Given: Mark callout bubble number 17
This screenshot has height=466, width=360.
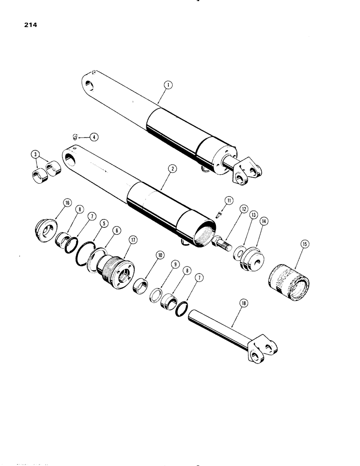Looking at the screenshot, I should click(x=133, y=240).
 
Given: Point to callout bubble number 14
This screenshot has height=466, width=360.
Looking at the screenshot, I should click(x=264, y=222).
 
